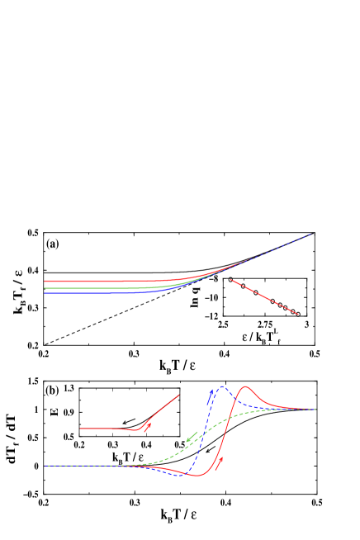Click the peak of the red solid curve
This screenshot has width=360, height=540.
click(x=245, y=386)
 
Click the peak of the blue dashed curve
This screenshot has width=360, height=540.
click(x=220, y=386)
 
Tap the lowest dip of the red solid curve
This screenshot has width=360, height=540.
click(x=198, y=476)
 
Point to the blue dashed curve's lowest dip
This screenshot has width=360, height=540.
click(x=177, y=476)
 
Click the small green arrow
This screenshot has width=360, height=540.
click(x=192, y=437)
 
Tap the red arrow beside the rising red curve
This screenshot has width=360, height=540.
click(x=220, y=463)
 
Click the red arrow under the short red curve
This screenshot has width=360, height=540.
click(x=148, y=427)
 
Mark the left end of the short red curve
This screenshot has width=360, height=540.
click(x=80, y=429)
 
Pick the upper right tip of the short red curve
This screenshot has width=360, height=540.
click(x=179, y=395)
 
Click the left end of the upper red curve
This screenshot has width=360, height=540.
click(x=45, y=282)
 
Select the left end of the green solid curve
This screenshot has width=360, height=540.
click(x=45, y=288)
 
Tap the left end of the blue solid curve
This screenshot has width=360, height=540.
click(x=45, y=293)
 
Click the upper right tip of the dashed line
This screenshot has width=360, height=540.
click(x=314, y=234)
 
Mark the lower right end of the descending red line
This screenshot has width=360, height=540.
click(x=298, y=315)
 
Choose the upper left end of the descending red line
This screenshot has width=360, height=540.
click(x=230, y=280)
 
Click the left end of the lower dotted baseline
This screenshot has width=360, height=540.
click(x=45, y=466)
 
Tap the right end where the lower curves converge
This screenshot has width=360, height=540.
click(x=315, y=410)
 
